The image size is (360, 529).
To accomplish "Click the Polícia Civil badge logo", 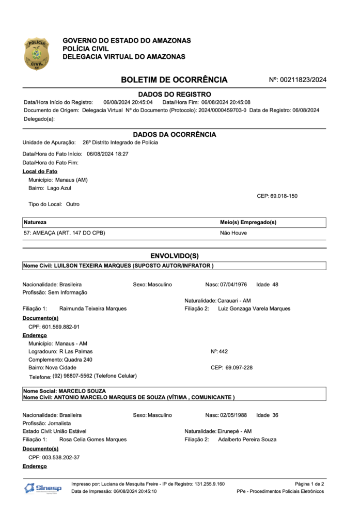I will point(36,54).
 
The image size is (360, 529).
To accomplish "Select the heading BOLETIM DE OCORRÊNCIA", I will point(174,80).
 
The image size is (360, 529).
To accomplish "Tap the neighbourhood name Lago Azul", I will point(59,188).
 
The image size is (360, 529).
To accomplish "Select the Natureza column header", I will point(35,223).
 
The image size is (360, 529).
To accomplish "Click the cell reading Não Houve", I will point(233,233).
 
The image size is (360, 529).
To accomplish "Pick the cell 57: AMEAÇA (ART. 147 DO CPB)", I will point(64,233).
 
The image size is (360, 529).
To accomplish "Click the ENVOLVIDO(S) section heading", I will point(174,256).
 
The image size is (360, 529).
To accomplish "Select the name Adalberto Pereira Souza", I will point(247,440).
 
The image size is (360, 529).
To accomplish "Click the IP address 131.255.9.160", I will point(209,484).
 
